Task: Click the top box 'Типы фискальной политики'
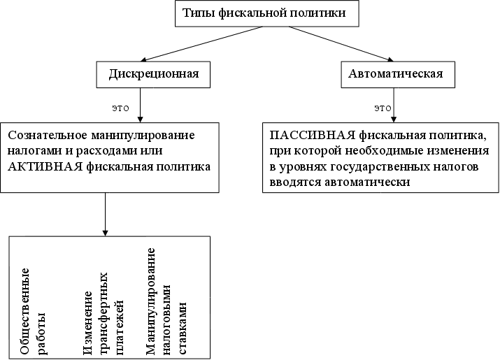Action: (264, 14)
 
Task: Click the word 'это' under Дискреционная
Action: (120, 108)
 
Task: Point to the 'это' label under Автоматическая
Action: (383, 108)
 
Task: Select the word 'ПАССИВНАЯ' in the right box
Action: (302, 134)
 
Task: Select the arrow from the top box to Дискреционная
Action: (203, 44)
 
